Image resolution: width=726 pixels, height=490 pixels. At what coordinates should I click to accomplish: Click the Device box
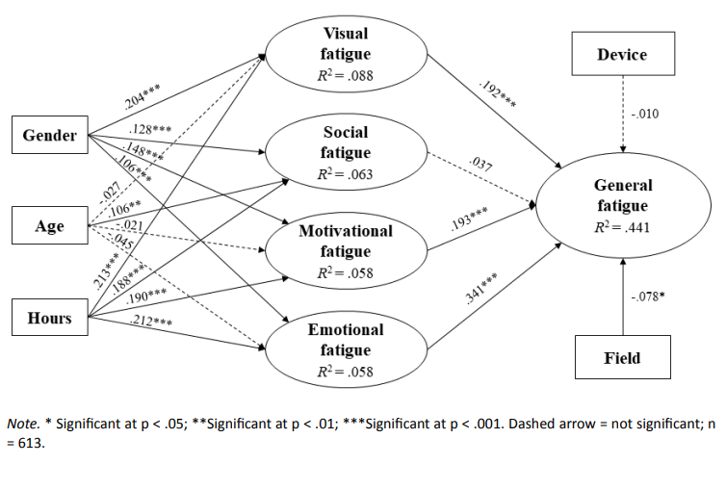click(621, 55)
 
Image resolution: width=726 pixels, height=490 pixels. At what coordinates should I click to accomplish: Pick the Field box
click(621, 359)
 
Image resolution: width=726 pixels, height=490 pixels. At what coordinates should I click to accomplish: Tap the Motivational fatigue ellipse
click(346, 251)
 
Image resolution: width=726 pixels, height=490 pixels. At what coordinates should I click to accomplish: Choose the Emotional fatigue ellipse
click(346, 349)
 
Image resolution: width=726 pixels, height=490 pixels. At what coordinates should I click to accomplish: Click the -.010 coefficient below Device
click(647, 116)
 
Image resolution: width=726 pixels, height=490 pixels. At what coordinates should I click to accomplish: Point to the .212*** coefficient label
click(150, 321)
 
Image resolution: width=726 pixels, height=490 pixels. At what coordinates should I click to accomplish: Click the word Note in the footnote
click(21, 423)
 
